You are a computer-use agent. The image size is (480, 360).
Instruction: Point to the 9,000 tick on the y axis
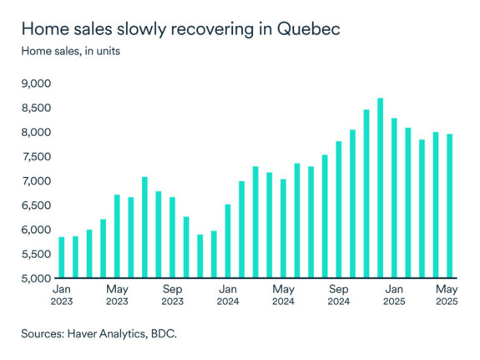(36, 84)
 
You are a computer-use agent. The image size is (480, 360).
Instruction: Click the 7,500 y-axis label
(36, 157)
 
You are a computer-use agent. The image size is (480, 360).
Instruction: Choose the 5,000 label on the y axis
(36, 278)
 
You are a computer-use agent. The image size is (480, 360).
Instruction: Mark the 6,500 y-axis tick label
(36, 205)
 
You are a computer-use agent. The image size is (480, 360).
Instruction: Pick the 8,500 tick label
(36, 108)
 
